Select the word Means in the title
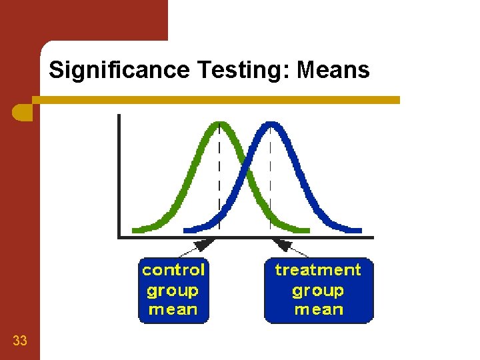coord(333,70)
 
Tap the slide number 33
coord(20,341)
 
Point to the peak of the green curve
coord(219,124)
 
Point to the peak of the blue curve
coord(269,124)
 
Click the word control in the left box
coord(173,270)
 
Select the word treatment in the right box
coord(318,270)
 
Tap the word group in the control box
coord(173,291)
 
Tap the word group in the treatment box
coord(318,291)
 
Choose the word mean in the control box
coord(173,309)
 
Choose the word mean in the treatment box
coord(319,309)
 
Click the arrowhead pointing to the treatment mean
coord(283,243)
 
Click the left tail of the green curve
coord(143,229)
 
